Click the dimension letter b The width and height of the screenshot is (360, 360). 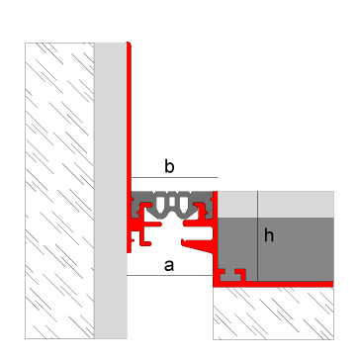coord(169,169)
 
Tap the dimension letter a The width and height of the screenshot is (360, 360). coord(169,264)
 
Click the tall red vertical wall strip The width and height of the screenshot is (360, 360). coord(130,119)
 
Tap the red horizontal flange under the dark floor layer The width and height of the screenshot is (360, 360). coord(287,283)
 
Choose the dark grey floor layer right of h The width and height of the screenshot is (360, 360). coord(296,247)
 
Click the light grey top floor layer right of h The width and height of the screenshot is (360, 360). coord(296,204)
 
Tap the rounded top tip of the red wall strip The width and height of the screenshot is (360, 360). coord(130,45)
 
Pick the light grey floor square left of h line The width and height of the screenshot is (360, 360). coord(235,204)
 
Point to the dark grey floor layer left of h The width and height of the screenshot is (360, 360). coord(235,242)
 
